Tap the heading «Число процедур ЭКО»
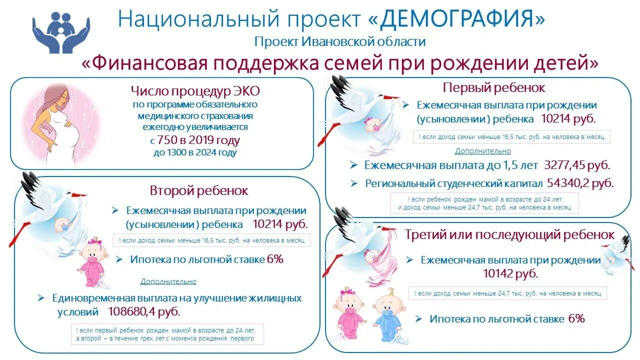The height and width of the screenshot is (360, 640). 195,91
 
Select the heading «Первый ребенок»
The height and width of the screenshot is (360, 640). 494,87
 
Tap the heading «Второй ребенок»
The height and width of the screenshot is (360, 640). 199,190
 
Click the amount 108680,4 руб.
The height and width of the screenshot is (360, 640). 144,311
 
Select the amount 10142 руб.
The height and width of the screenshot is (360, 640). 510,273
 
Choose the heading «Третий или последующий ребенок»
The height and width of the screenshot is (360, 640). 510,234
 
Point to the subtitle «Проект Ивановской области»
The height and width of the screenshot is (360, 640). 340,41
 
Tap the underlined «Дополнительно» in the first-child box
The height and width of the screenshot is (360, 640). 482,151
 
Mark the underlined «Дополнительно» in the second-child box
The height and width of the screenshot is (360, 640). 168,281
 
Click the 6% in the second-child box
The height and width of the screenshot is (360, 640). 275,259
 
